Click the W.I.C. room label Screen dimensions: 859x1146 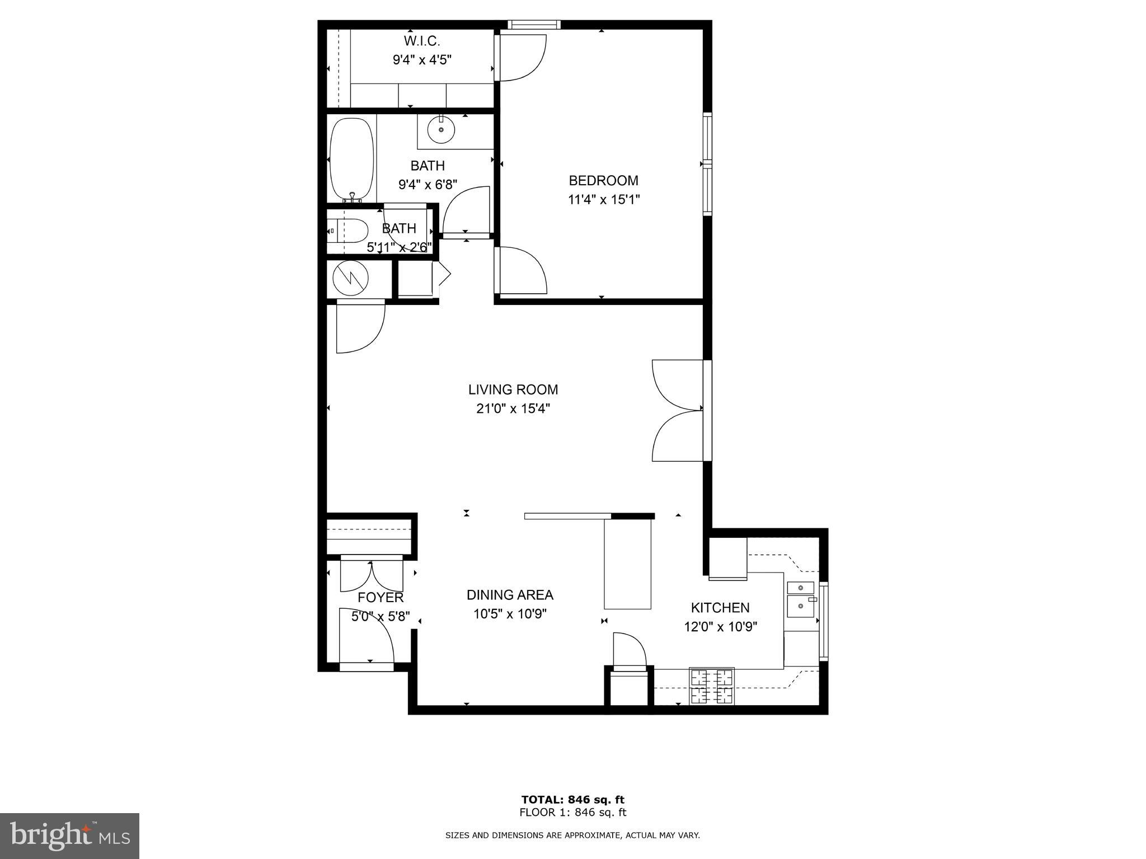(x=422, y=41)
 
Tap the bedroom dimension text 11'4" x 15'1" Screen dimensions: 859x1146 (x=604, y=200)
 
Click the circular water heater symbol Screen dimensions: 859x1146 (x=350, y=278)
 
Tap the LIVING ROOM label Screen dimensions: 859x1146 (x=513, y=389)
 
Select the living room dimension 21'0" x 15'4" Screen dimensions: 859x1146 (x=513, y=409)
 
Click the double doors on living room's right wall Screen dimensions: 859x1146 (x=678, y=411)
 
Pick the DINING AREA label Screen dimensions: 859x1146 (x=510, y=595)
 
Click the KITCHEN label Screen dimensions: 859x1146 (x=720, y=608)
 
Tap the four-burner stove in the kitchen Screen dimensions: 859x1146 (x=712, y=687)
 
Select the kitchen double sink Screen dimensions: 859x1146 (x=801, y=599)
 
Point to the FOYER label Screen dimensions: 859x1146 (x=381, y=598)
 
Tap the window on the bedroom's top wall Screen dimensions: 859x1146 (x=534, y=25)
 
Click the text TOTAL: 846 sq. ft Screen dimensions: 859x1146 (x=572, y=800)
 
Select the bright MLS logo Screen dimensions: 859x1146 (x=69, y=836)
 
